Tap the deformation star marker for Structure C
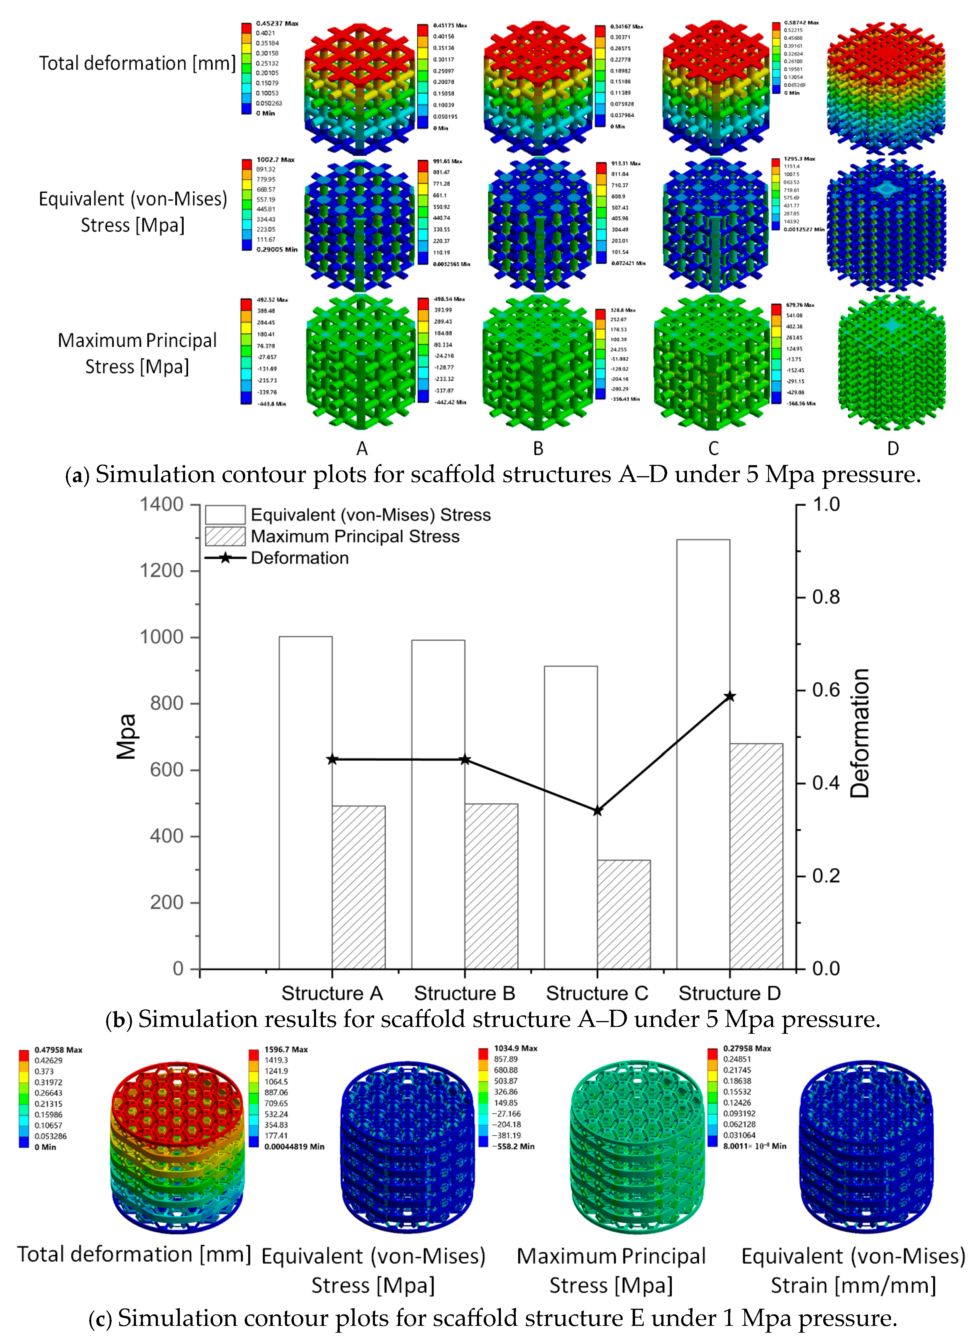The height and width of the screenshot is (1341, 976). tap(598, 811)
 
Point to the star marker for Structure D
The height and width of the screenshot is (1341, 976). tap(730, 697)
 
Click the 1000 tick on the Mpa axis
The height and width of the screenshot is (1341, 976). tap(161, 637)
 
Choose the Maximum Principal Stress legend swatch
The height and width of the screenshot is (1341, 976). tap(225, 536)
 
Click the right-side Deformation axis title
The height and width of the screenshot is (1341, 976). tap(860, 733)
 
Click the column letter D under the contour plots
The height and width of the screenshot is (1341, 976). tap(893, 448)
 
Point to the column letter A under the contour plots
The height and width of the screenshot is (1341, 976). tap(362, 448)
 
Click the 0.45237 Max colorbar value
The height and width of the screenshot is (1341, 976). tap(277, 24)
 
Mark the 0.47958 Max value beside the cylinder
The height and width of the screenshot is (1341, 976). tap(58, 1050)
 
